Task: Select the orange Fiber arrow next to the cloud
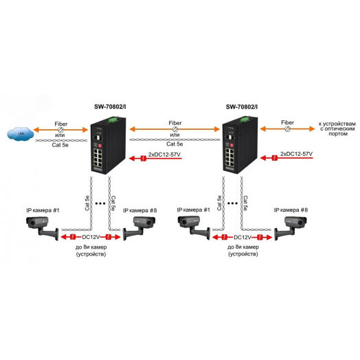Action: pos(60,129)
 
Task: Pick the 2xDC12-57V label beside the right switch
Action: pos(297,157)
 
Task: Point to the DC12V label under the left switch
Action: pos(91,236)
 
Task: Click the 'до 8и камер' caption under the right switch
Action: pos(241,249)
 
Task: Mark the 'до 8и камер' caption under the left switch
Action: pos(91,249)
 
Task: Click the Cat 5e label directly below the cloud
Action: pos(59,145)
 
